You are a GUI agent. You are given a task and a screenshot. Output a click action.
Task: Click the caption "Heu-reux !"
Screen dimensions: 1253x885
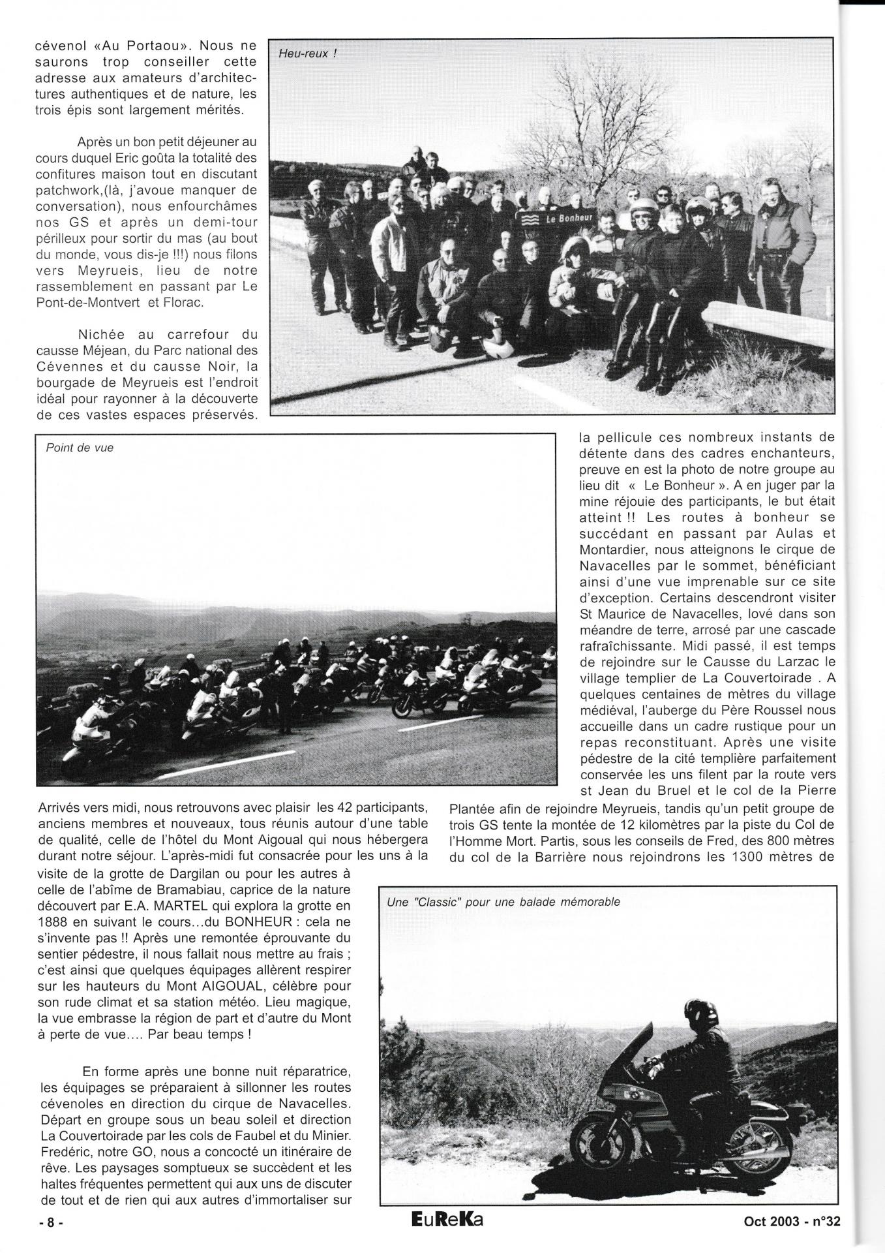point(307,54)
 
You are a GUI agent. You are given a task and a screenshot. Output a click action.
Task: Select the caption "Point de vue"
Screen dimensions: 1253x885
point(80,448)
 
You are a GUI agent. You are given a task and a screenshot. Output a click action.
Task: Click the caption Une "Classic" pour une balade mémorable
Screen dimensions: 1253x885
point(503,902)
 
